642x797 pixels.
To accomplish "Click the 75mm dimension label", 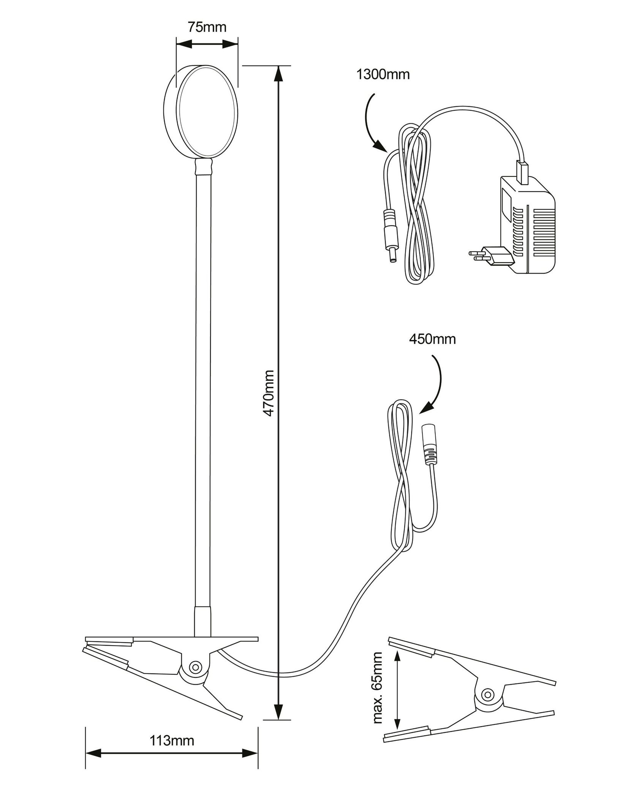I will pos(207,27).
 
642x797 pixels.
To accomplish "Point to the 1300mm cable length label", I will pos(383,74).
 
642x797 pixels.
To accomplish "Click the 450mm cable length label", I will pos(432,339).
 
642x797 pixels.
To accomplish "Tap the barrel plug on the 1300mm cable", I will pos(390,235).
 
